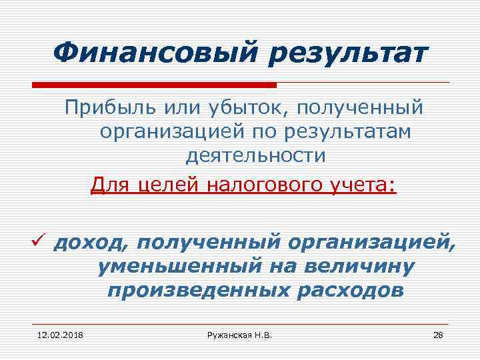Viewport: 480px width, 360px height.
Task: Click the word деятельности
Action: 256,156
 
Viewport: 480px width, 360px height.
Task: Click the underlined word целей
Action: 165,182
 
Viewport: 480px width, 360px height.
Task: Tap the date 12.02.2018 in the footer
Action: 55,334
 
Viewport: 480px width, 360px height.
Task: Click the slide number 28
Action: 438,334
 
